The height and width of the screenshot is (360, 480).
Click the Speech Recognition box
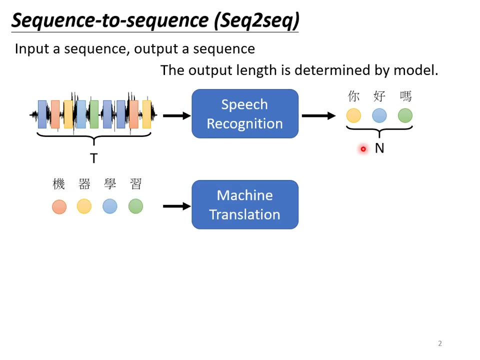tap(245, 114)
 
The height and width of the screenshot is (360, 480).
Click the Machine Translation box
tap(245, 205)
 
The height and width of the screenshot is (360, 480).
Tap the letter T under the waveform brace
tap(93, 158)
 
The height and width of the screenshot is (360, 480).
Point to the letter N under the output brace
tap(379, 148)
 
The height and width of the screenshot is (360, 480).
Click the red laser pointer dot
tap(363, 149)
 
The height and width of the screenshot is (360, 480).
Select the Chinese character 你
tap(353, 96)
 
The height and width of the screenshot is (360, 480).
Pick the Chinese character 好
tap(379, 96)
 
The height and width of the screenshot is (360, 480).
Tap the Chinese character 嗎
tap(405, 96)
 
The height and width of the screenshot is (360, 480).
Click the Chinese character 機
tap(59, 184)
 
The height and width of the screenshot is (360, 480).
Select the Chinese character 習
tap(135, 184)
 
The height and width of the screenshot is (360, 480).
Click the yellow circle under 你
tap(353, 116)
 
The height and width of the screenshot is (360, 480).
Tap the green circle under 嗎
tap(405, 116)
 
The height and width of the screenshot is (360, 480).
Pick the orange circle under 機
tap(59, 206)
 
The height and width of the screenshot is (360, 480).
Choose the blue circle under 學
tap(110, 206)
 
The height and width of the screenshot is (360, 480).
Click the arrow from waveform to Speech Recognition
tap(176, 116)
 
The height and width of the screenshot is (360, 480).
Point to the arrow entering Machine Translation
tap(176, 206)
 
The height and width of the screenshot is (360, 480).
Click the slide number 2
tap(440, 343)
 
